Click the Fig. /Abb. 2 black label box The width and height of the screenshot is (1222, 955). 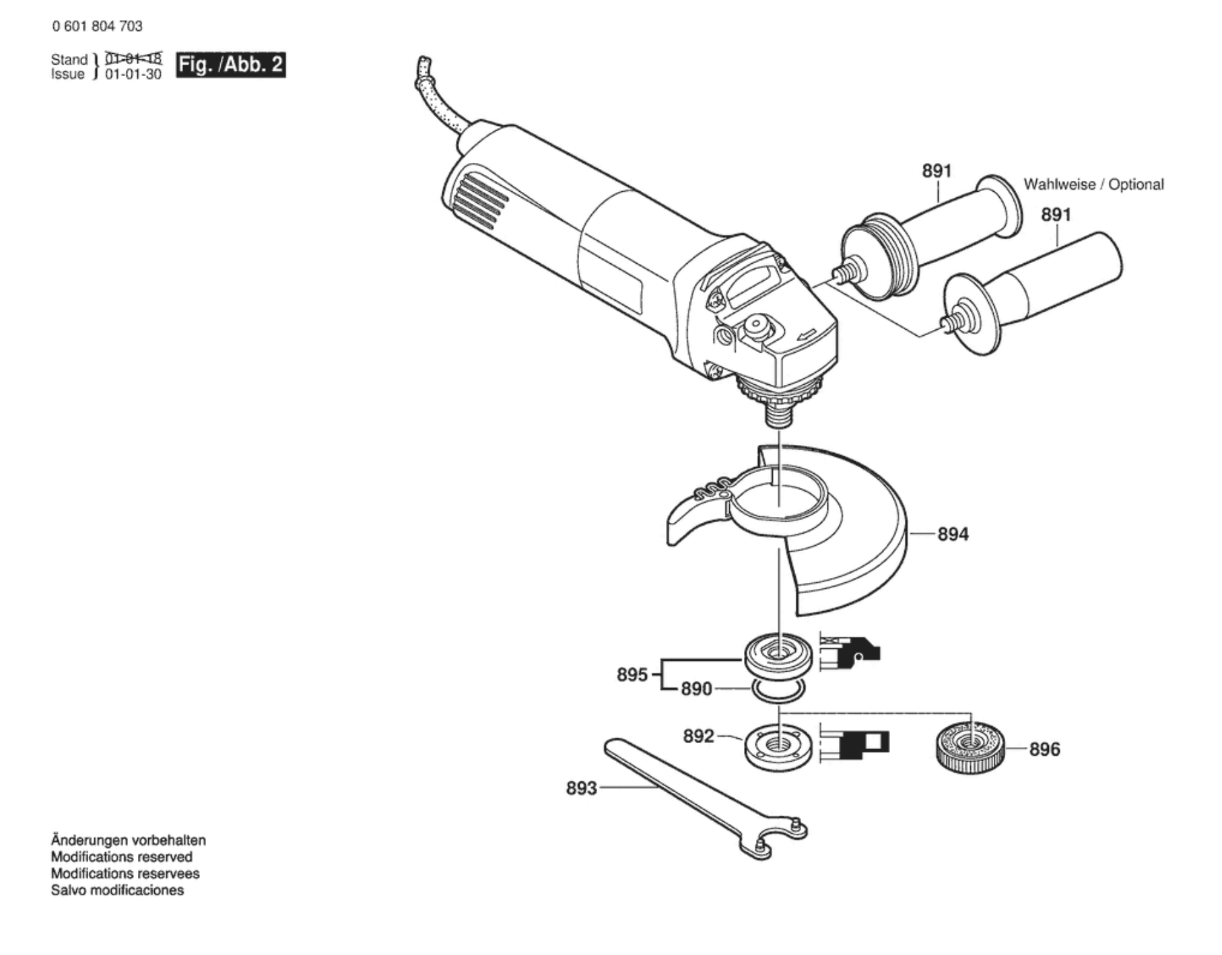230,65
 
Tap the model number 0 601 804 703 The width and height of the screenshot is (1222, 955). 97,26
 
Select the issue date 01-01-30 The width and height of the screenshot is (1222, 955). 133,75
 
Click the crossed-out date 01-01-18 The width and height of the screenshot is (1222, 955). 133,59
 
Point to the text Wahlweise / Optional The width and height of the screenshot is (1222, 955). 1093,184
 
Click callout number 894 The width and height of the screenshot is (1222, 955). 953,534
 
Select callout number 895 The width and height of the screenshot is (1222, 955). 632,674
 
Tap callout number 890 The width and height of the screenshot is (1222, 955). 695,689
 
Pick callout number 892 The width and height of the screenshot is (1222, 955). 698,736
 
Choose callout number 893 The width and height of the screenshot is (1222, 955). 581,787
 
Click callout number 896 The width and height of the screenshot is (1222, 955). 1044,749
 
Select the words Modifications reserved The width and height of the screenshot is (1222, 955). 122,857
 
